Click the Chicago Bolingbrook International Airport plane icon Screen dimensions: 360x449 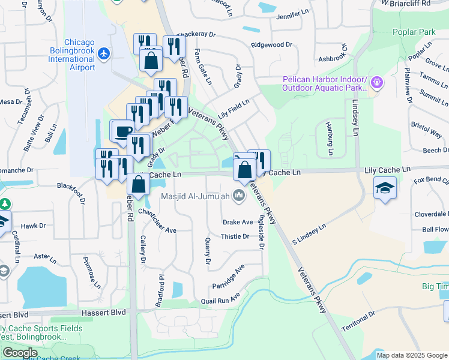point(104,54)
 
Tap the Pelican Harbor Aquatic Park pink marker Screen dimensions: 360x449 point(376,81)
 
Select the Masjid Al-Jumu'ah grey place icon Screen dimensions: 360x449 point(239,195)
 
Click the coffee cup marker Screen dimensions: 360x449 point(124,130)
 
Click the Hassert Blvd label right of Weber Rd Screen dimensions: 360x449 point(109,313)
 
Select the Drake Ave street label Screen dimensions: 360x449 point(238,222)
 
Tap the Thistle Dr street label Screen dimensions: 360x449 point(235,236)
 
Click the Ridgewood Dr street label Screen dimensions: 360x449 point(271,44)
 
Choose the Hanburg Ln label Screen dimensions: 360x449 point(329,139)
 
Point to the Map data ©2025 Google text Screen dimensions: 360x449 point(412,355)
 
